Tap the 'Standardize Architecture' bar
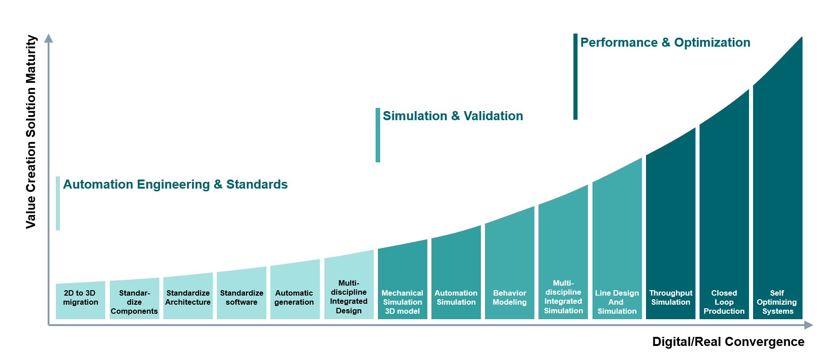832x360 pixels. tap(188, 297)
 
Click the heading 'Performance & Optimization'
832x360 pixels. tap(665, 43)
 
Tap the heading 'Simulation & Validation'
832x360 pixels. tap(453, 116)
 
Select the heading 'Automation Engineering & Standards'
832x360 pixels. tap(175, 185)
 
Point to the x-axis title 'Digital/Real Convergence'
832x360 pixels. tap(728, 342)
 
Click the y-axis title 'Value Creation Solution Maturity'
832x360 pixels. tap(31, 131)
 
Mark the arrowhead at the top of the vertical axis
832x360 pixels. tap(49, 38)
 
